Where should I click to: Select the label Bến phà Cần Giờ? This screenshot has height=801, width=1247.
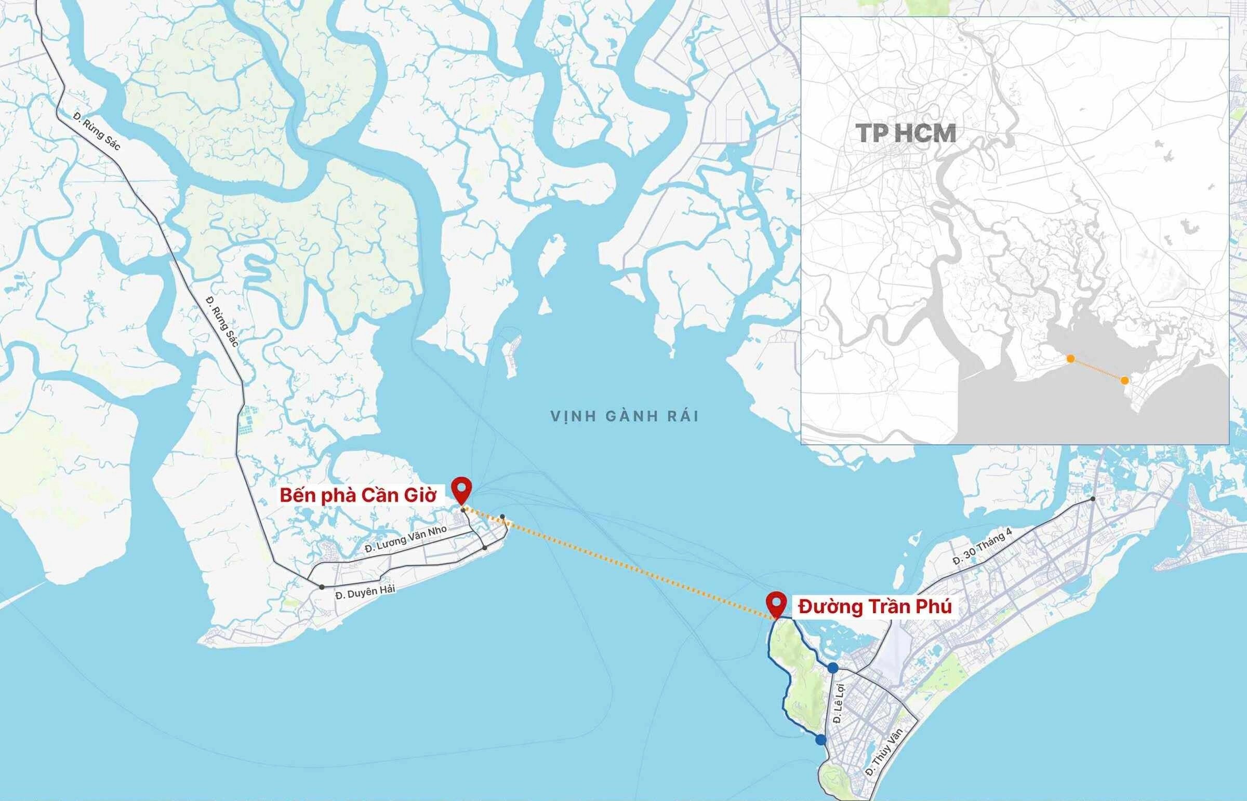click(x=357, y=495)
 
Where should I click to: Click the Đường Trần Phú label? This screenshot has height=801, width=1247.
click(x=875, y=606)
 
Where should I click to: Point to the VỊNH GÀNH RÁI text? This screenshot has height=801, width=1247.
click(x=625, y=416)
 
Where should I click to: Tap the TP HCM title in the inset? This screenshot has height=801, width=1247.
click(x=906, y=134)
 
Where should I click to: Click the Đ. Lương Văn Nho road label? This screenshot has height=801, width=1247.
click(x=405, y=540)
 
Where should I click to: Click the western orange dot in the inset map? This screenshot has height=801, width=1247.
click(x=1070, y=358)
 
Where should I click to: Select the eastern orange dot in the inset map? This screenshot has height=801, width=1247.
click(x=1125, y=381)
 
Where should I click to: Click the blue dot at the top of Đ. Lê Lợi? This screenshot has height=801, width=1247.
click(x=833, y=667)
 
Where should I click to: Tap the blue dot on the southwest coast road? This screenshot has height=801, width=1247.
click(x=821, y=740)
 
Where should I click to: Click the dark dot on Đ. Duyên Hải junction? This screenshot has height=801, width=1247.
click(x=322, y=587)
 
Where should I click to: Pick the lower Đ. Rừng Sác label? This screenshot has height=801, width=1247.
click(x=222, y=321)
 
